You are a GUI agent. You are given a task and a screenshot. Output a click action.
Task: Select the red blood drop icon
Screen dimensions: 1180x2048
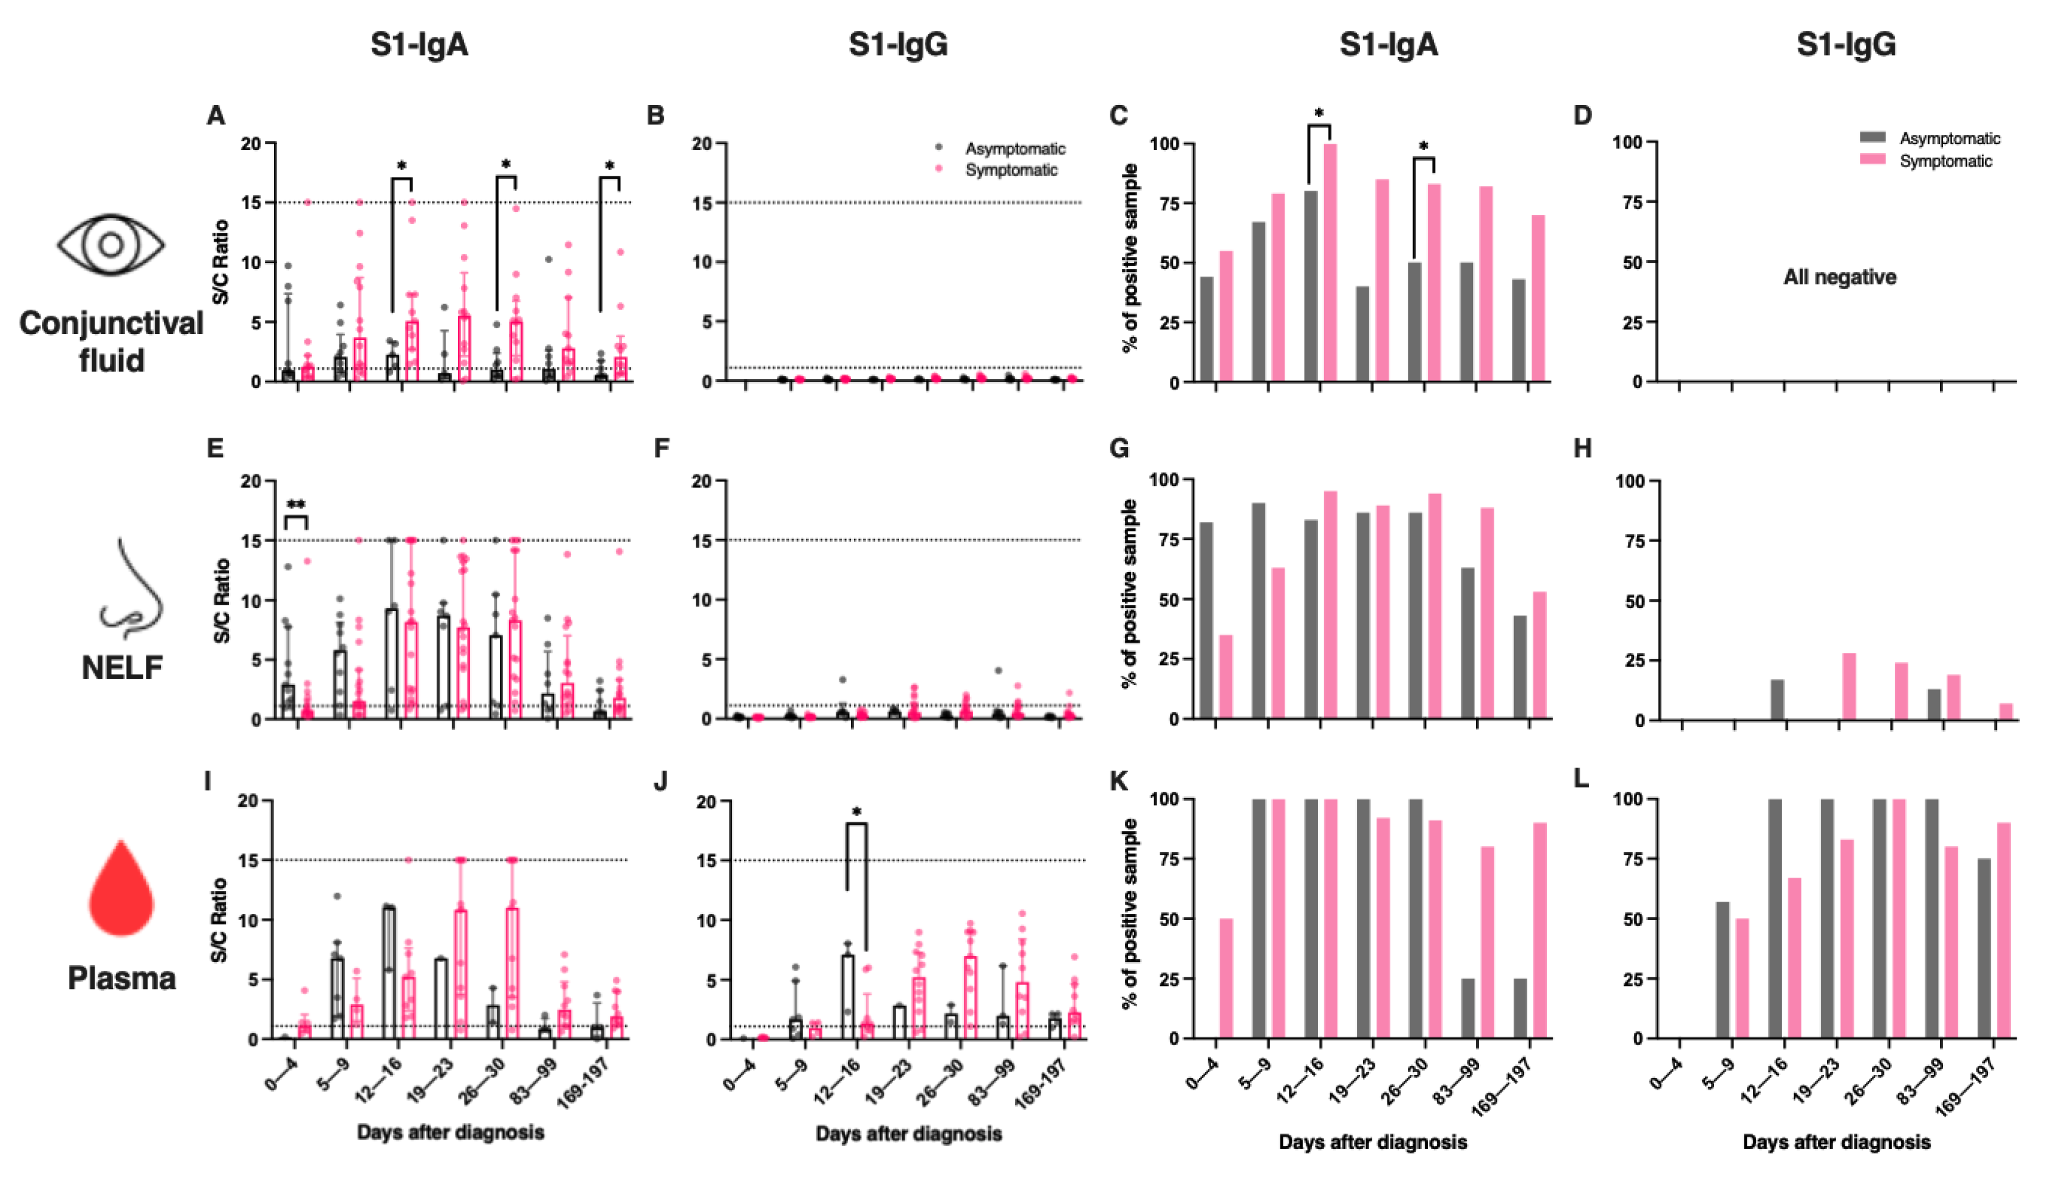(121, 889)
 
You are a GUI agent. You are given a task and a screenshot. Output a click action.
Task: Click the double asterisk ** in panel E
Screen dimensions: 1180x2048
(296, 505)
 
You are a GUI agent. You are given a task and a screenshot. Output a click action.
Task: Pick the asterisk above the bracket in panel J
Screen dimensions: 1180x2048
(856, 812)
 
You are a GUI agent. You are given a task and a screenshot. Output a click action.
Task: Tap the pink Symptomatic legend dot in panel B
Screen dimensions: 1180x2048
(939, 169)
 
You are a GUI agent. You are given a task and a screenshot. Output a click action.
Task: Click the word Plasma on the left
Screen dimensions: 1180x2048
(121, 978)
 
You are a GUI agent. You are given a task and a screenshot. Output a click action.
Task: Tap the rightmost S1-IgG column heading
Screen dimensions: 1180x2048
(1846, 45)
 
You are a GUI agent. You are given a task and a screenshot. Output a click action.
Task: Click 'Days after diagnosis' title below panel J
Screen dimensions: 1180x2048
(908, 1133)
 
